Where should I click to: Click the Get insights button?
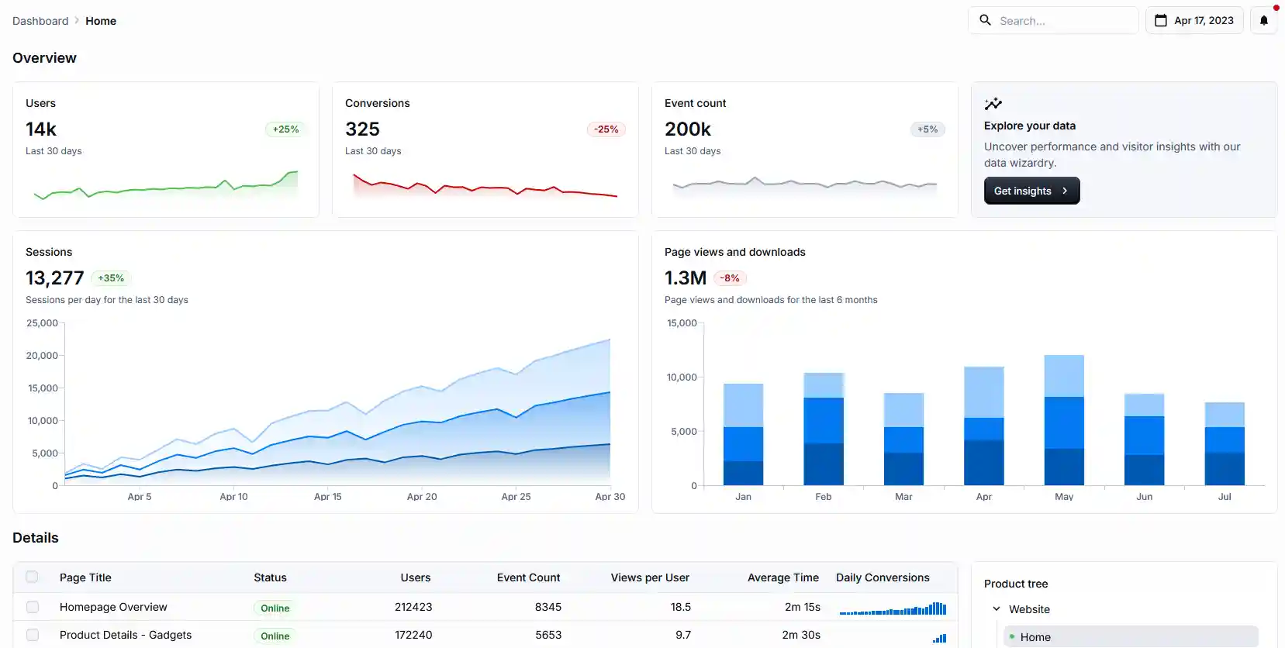(x=1031, y=191)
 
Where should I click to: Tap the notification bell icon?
(x=1264, y=20)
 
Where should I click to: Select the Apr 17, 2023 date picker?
(x=1194, y=20)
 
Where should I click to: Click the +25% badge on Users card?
(x=285, y=129)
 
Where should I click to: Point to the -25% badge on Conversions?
(x=606, y=129)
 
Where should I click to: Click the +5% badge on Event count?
(x=927, y=129)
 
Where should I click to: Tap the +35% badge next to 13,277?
(x=111, y=278)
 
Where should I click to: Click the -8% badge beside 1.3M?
(x=730, y=278)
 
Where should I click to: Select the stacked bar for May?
(x=1064, y=421)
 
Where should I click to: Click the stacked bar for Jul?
(x=1225, y=445)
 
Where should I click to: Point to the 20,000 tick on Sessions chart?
(x=43, y=356)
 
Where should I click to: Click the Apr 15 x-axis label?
(x=327, y=497)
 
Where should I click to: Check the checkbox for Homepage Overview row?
(x=33, y=607)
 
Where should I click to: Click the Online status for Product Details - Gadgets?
(x=275, y=636)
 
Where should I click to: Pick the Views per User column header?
(x=650, y=577)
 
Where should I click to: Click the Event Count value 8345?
(x=548, y=607)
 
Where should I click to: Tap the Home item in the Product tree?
(x=1035, y=637)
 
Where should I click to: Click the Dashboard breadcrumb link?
(x=40, y=21)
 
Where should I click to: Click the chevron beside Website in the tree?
(x=997, y=609)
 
